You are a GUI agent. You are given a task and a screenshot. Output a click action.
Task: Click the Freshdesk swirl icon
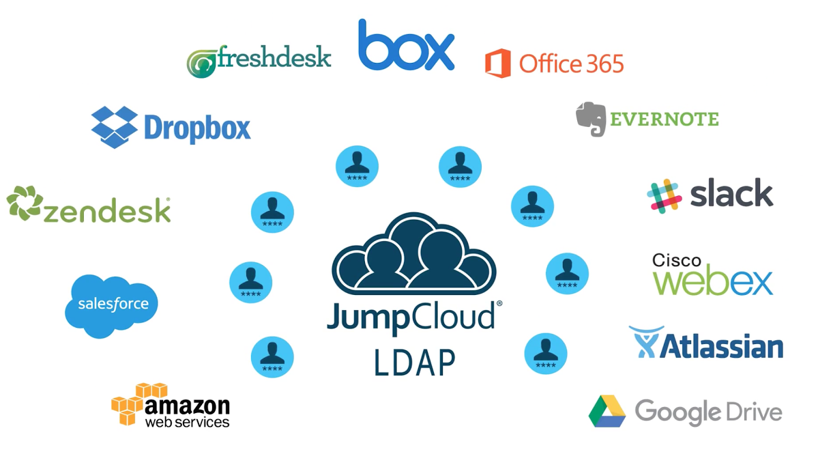click(x=202, y=63)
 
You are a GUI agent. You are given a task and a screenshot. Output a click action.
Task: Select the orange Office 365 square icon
click(x=497, y=63)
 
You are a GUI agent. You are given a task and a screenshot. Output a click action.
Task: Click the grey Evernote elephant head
click(x=591, y=119)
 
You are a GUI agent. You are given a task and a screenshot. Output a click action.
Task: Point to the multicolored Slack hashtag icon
click(x=664, y=196)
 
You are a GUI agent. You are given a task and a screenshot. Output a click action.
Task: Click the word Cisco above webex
click(x=677, y=260)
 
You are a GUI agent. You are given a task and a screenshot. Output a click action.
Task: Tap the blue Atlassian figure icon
click(x=645, y=342)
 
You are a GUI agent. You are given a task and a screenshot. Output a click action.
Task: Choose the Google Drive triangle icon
click(x=607, y=411)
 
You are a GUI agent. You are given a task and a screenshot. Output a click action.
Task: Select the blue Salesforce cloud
click(x=111, y=305)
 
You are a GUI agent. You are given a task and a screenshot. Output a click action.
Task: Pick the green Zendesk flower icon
click(x=25, y=204)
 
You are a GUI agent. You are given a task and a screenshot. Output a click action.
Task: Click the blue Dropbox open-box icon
click(x=114, y=126)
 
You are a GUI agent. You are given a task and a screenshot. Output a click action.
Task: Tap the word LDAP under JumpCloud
click(x=414, y=362)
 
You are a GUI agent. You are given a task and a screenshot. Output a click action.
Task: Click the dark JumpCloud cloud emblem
click(x=413, y=252)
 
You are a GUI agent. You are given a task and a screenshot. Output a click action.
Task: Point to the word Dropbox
click(x=197, y=128)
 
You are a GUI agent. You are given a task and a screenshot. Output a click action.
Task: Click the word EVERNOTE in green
click(x=664, y=119)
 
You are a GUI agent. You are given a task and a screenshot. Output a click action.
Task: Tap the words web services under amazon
click(x=187, y=422)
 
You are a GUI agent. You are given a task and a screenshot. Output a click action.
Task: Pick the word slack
click(x=731, y=194)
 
